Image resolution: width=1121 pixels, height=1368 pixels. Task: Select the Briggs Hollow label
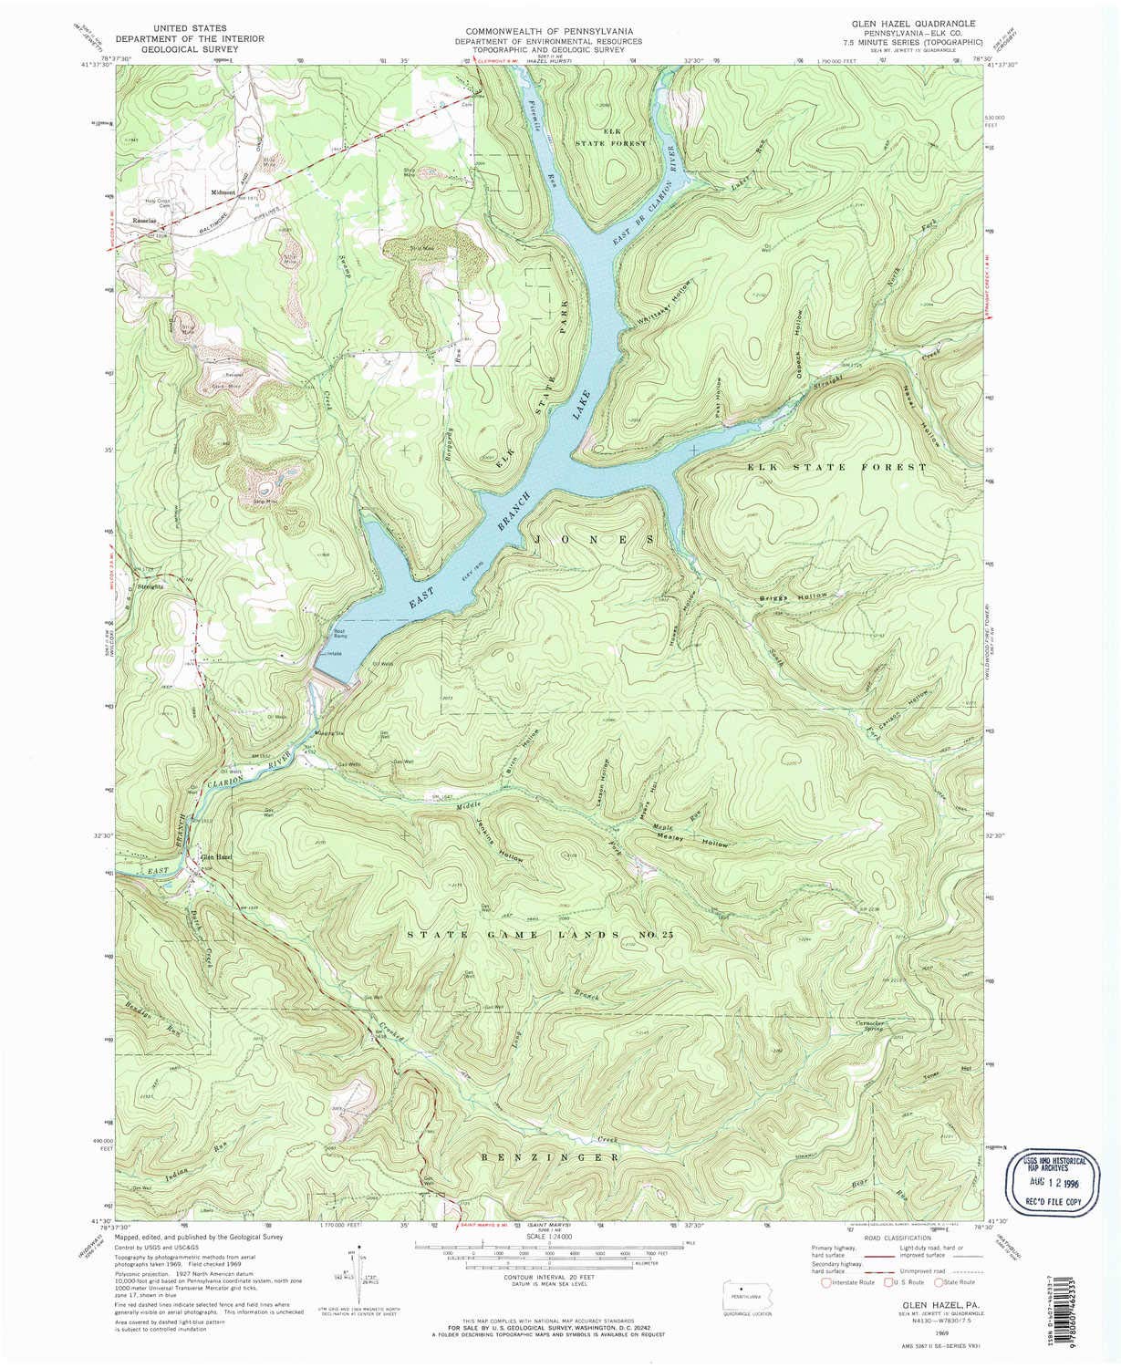coord(794,596)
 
